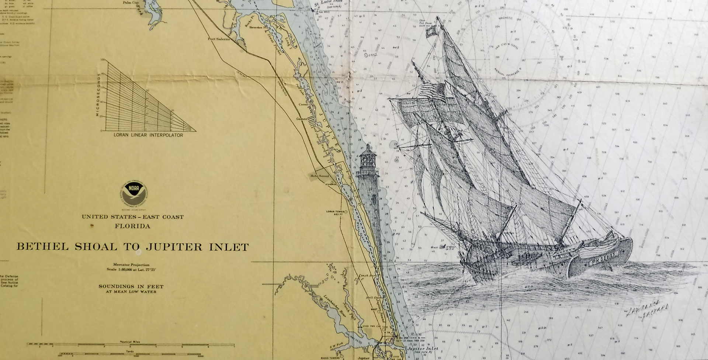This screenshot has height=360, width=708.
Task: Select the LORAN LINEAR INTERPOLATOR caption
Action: pos(148,135)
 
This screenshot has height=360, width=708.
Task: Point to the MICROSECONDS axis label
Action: pos(98,95)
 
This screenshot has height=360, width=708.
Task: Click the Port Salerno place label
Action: pos(219,39)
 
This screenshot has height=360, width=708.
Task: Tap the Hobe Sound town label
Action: pos(319,176)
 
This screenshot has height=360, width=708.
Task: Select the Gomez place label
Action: pos(302,119)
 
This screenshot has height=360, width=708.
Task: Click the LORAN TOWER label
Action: pos(335,212)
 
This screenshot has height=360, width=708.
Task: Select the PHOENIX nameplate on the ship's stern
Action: pos(608,255)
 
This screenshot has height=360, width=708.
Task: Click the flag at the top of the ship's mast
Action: pos(431,32)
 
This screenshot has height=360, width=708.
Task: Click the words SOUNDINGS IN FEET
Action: pos(131,286)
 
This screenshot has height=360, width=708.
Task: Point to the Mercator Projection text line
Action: pos(131,264)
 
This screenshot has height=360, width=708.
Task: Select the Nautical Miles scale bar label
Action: pos(130,342)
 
